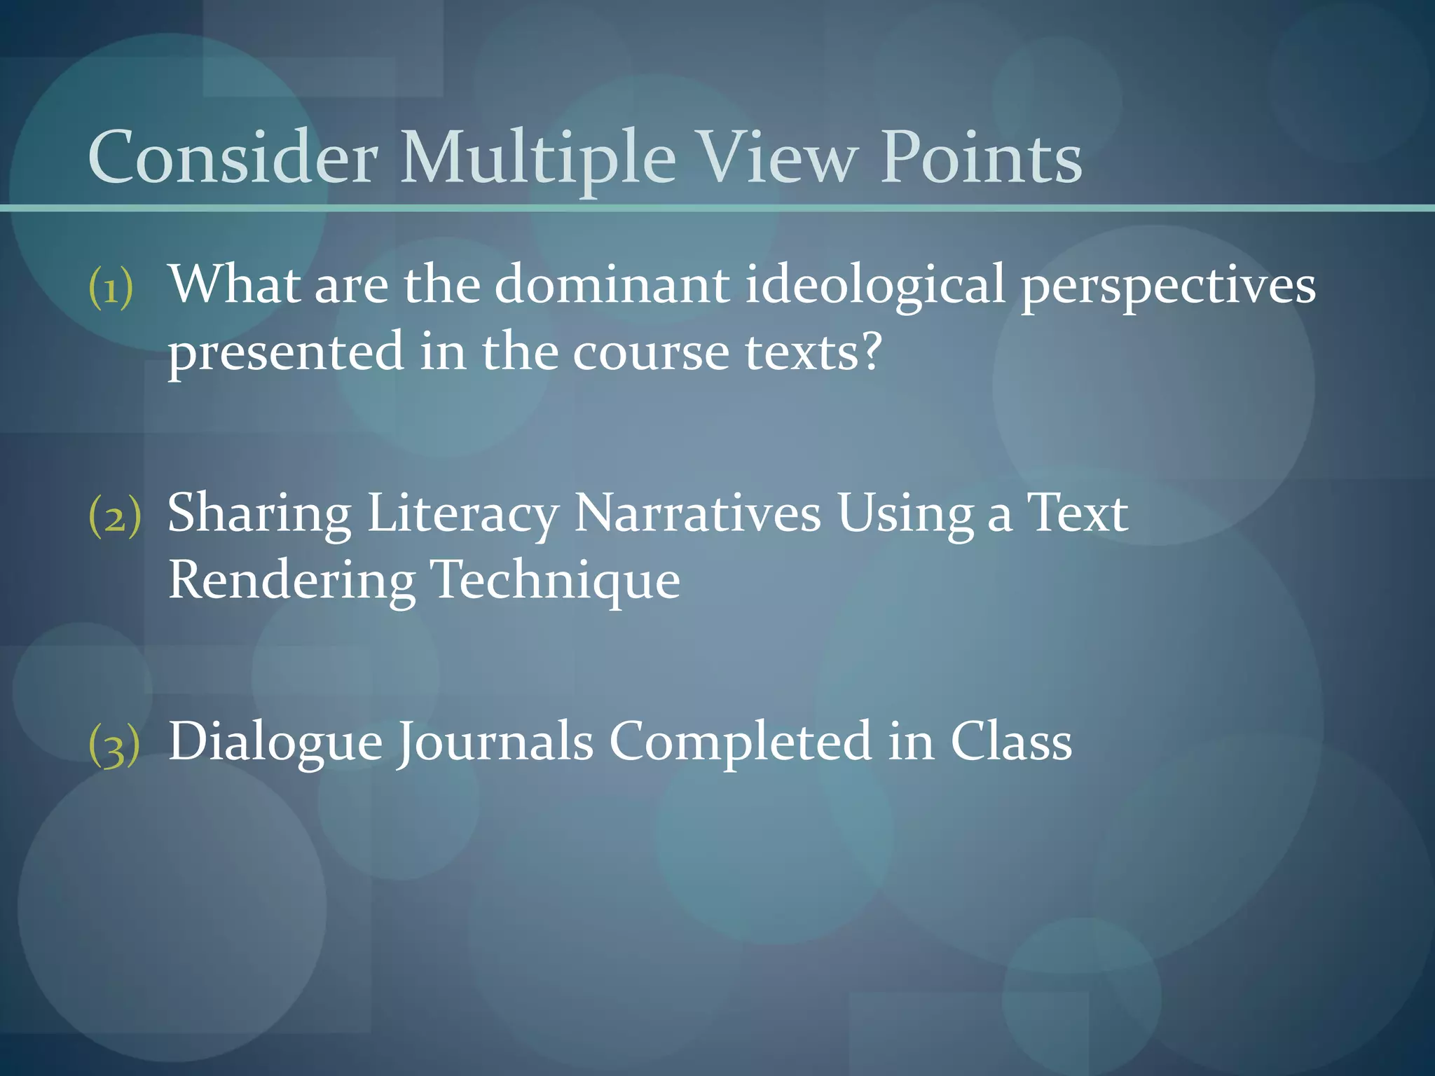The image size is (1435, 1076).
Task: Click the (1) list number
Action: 111,287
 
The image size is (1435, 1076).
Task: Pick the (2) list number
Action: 114,517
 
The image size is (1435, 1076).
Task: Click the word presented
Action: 286,352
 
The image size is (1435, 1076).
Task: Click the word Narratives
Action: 697,513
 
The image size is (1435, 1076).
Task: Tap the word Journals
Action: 495,743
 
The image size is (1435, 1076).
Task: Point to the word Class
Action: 1010,741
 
